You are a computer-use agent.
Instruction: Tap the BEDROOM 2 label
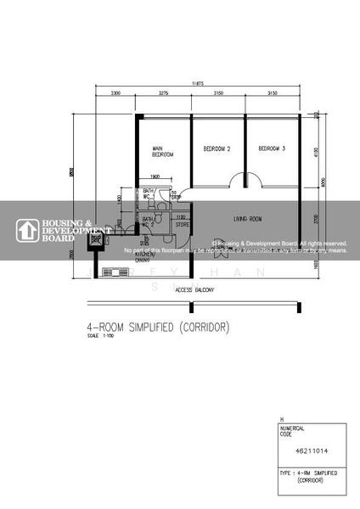pyautogui.click(x=217, y=148)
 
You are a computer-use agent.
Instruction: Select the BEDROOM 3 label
pyautogui.click(x=272, y=148)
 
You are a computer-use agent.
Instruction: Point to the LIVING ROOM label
pyautogui.click(x=248, y=219)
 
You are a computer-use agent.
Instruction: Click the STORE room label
pyautogui.click(x=182, y=225)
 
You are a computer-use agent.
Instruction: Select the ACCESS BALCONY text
pyautogui.click(x=194, y=290)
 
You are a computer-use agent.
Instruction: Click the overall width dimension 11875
pyautogui.click(x=198, y=83)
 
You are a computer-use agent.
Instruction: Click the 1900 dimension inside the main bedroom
pyautogui.click(x=155, y=176)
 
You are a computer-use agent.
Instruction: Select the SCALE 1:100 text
pyautogui.click(x=98, y=336)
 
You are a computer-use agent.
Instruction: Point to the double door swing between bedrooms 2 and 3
pyautogui.click(x=245, y=181)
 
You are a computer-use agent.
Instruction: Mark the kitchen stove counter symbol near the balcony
pyautogui.click(x=112, y=272)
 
